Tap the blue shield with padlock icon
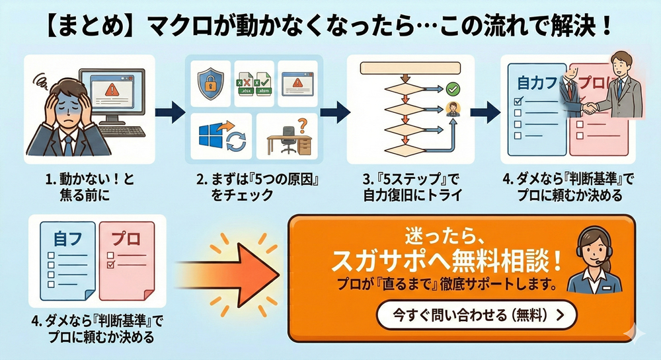pos(214,84)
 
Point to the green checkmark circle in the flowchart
pos(453,88)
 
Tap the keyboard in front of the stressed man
pos(123,131)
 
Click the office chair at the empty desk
pos(290,141)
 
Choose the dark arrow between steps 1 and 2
pos(170,112)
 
